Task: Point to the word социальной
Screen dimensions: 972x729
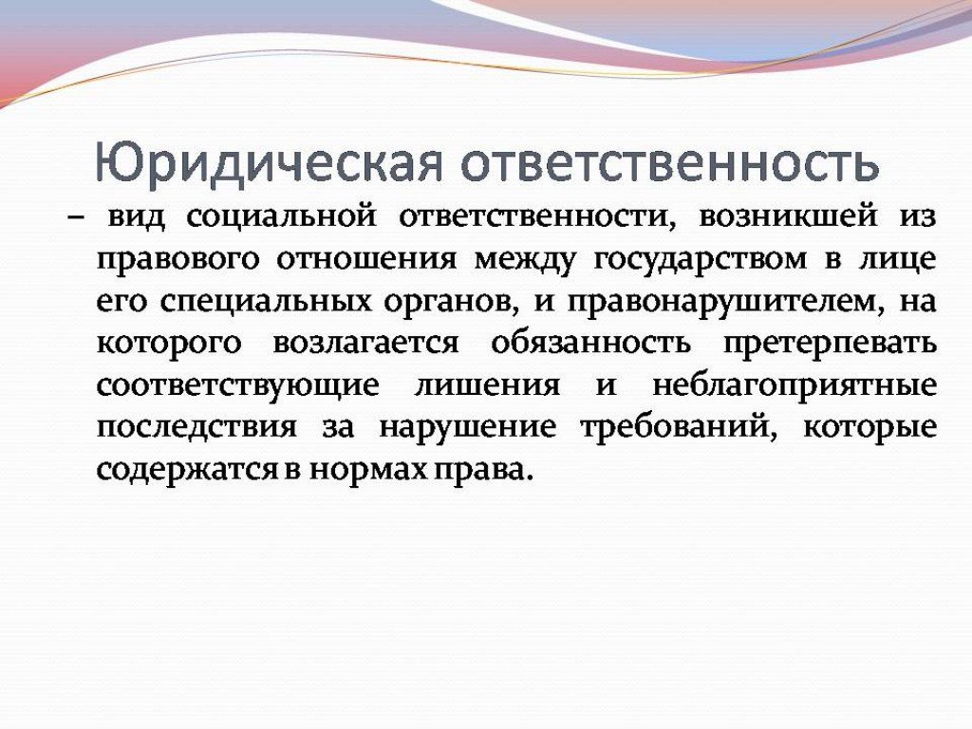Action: click(281, 217)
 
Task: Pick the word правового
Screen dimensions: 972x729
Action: click(178, 260)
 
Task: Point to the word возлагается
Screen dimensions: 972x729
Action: click(365, 344)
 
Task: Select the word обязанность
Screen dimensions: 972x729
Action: click(590, 343)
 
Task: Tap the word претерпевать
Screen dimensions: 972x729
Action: click(830, 344)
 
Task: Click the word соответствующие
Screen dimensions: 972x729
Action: click(238, 385)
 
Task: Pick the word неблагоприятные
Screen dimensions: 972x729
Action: click(794, 385)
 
